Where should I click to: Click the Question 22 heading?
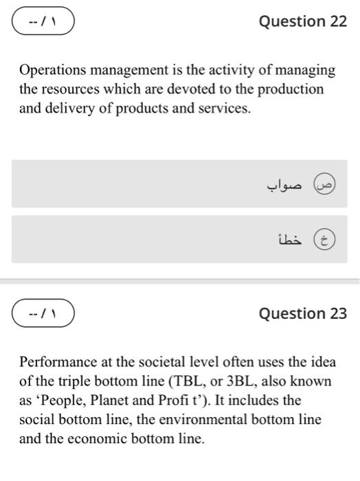302,21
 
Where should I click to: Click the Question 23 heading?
302,314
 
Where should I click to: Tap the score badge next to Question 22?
43,21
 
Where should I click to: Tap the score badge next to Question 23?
43,314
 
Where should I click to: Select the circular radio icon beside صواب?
324,183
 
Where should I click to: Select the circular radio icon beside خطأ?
324,238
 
